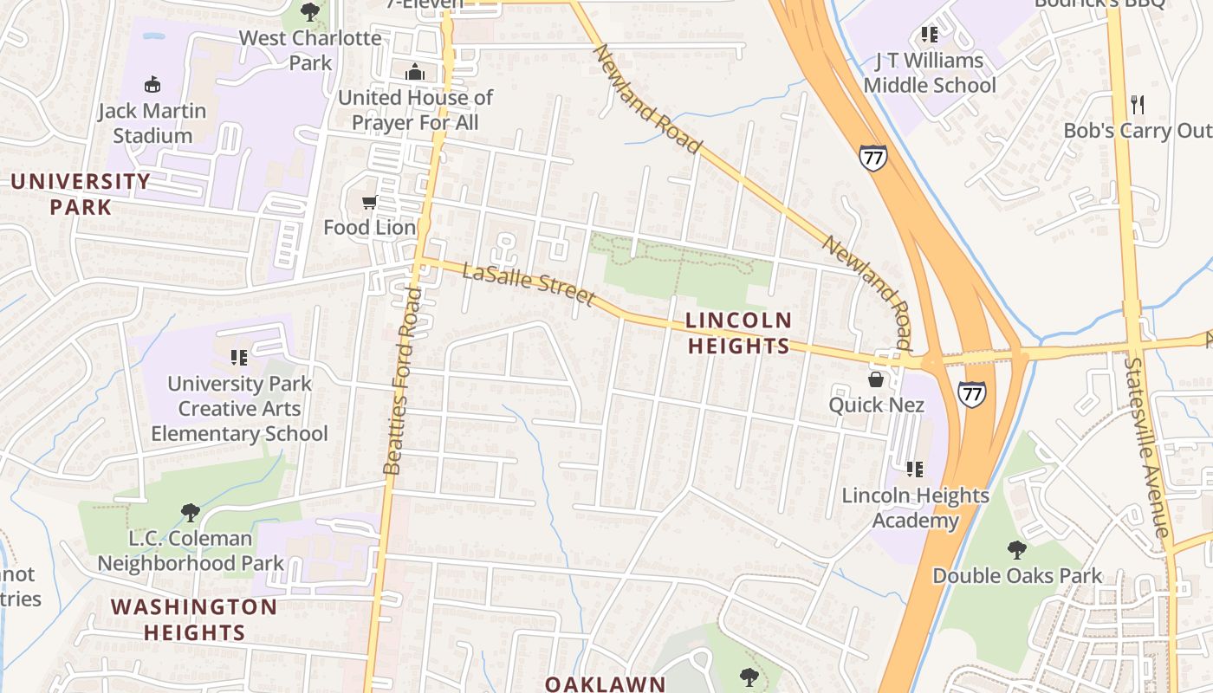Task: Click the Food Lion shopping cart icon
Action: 369,203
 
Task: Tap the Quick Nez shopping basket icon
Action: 876,379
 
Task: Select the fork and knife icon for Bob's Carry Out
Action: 1138,105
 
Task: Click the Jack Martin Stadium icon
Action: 152,84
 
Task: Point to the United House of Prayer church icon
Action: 415,72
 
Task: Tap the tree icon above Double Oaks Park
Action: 1017,549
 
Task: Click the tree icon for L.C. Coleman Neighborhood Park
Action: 190,513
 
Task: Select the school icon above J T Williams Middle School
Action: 929,36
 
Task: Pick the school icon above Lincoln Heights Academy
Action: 915,470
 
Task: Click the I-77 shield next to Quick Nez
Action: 972,394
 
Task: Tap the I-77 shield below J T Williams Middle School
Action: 872,159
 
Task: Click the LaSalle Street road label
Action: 529,285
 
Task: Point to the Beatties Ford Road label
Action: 403,381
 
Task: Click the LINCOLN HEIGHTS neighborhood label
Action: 739,334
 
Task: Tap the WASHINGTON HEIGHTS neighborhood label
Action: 194,619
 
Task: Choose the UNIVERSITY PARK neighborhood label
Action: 81,194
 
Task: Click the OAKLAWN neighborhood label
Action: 605,683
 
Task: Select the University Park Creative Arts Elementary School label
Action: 239,408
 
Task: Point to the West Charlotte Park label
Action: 310,50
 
